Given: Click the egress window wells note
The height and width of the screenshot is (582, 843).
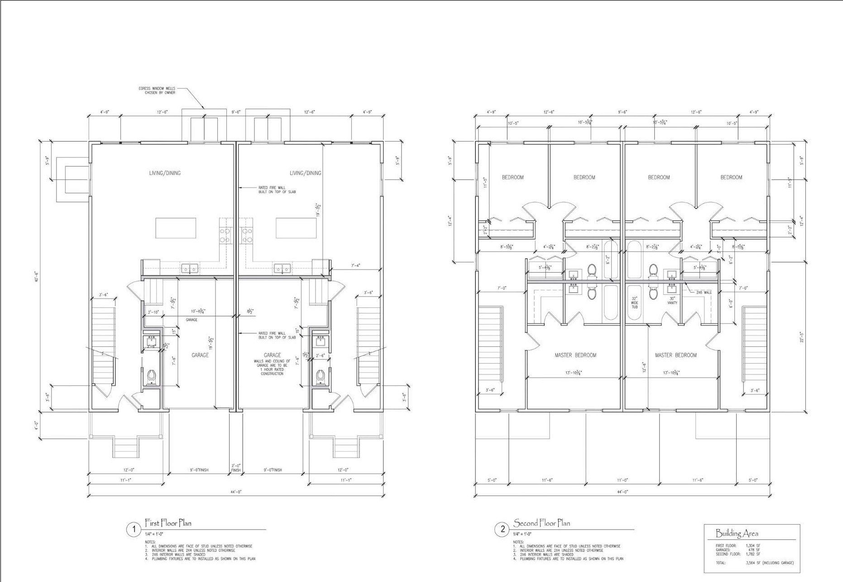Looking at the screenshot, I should [157, 90].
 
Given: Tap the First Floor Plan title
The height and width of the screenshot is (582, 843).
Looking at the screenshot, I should [168, 523].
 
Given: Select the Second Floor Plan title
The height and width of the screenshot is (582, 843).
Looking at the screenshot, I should [541, 523].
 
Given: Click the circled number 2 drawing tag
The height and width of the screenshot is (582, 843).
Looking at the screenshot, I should [502, 530].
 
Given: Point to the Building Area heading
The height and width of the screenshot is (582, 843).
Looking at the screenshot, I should [737, 533].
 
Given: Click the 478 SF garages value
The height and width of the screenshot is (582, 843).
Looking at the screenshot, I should [753, 550].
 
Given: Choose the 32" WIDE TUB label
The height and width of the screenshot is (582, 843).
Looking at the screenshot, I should [634, 303].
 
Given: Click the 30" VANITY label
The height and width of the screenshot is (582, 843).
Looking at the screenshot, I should [672, 301].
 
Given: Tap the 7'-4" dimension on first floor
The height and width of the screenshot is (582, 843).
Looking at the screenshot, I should [356, 265].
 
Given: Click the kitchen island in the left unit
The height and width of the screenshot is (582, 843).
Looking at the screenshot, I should [176, 227].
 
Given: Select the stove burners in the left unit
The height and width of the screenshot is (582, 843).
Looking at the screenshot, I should [225, 235].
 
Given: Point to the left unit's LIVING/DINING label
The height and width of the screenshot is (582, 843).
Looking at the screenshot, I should [165, 173].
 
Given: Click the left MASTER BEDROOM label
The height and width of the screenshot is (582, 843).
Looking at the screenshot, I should [575, 355].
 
